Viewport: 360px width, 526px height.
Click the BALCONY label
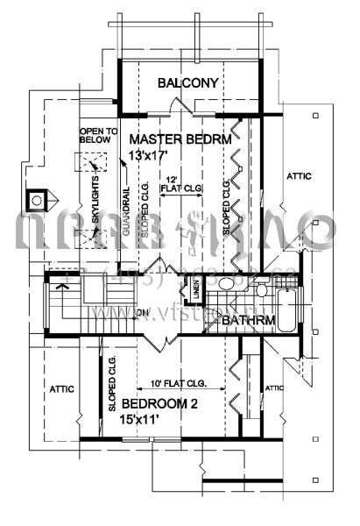pyautogui.click(x=188, y=83)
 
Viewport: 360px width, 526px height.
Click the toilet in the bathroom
pyautogui.click(x=225, y=283)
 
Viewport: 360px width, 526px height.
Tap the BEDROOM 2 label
pyautogui.click(x=156, y=404)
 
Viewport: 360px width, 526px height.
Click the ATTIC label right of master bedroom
pyautogui.click(x=299, y=177)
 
